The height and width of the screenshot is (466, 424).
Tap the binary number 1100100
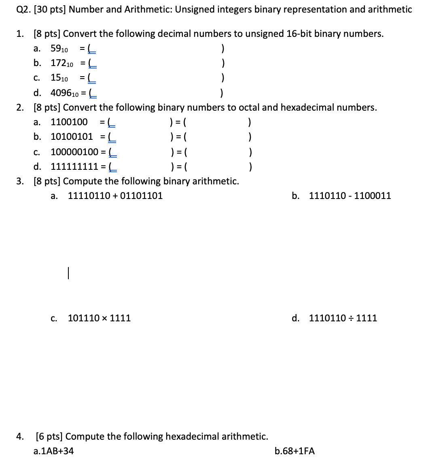[69, 122]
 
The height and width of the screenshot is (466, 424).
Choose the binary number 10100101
[72, 137]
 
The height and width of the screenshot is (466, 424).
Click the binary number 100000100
[74, 152]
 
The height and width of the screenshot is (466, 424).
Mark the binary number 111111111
[74, 167]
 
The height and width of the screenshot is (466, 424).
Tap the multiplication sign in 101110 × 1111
[105, 318]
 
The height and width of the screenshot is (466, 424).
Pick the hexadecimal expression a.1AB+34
[54, 451]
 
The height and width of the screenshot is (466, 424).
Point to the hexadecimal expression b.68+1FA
[295, 451]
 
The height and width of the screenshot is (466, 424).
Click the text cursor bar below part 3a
[69, 273]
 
